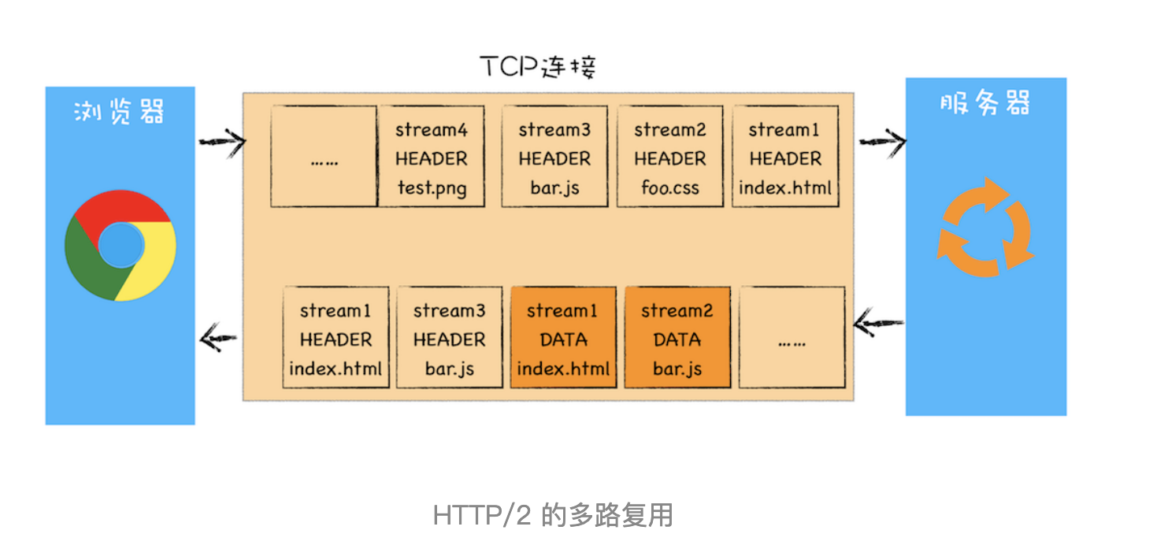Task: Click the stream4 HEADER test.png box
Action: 431,158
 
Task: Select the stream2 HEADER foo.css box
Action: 669,158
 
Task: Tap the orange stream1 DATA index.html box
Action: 563,339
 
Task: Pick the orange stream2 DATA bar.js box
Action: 677,339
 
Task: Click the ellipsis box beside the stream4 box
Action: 324,158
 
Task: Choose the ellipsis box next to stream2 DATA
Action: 791,339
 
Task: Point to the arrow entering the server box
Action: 881,142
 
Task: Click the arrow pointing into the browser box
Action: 219,339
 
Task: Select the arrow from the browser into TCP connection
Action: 221,142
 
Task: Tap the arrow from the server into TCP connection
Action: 878,321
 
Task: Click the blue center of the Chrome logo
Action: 121,245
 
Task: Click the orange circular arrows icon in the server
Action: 984,227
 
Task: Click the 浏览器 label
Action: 119,113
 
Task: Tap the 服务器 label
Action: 984,104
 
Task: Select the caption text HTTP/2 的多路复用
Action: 553,516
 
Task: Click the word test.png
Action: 431,188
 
